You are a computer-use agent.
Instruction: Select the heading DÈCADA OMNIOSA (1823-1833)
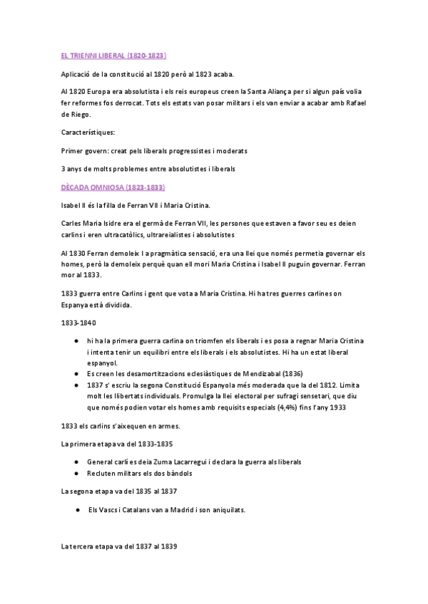click(113, 187)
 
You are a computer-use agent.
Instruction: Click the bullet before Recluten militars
click(76, 473)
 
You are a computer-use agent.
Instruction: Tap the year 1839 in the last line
click(166, 547)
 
